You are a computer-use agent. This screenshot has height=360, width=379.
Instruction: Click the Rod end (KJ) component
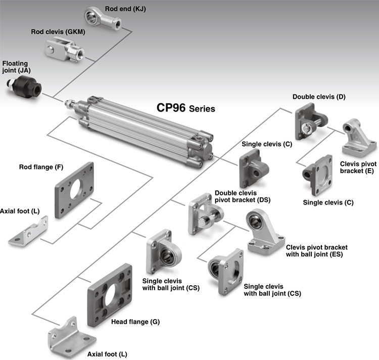[103, 19]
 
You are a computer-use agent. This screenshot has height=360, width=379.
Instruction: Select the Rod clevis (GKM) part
[65, 50]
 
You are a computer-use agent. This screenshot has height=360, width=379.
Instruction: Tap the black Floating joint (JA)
[24, 87]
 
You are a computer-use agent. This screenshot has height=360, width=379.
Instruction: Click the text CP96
[171, 108]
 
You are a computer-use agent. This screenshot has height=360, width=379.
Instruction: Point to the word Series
[202, 109]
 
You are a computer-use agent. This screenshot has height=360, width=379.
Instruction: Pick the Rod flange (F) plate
[74, 190]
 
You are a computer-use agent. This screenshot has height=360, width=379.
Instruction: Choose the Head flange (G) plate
[110, 295]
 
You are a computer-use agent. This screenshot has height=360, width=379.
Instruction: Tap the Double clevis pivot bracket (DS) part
[206, 214]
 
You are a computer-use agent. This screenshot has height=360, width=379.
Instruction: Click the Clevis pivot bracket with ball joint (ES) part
[265, 232]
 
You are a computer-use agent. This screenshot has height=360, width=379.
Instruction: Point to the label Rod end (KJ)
[125, 9]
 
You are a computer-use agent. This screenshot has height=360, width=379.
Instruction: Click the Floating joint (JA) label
[17, 67]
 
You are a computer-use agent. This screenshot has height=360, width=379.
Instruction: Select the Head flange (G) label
[135, 322]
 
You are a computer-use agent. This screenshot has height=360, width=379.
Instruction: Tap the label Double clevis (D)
[319, 97]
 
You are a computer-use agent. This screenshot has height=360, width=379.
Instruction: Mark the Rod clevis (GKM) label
[58, 32]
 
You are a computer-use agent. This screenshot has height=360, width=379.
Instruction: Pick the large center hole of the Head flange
[111, 295]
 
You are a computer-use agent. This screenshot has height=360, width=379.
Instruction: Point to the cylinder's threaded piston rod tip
[67, 102]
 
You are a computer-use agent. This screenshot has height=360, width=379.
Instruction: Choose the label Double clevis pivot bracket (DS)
[243, 196]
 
